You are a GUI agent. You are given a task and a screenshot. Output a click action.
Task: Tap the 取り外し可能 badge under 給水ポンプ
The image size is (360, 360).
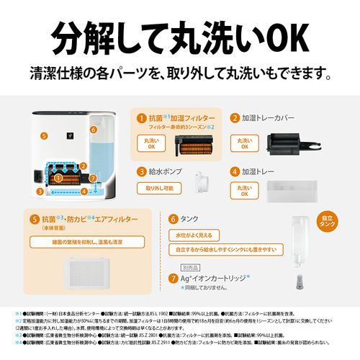tap(161, 189)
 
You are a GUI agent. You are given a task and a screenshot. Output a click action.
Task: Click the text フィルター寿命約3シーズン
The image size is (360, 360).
tap(172, 127)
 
